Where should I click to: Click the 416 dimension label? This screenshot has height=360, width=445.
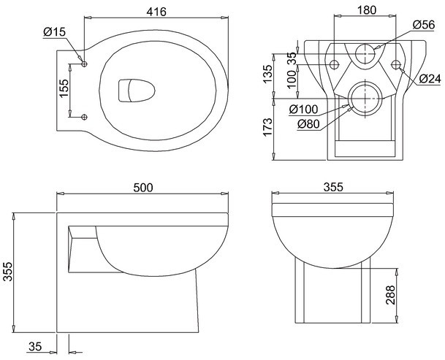156,12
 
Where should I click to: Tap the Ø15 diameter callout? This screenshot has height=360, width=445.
55,32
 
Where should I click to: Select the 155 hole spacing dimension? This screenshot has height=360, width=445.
64,88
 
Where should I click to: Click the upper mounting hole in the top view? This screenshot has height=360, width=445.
84,64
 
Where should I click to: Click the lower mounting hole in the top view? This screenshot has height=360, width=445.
84,117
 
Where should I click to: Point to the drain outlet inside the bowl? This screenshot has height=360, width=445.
137,91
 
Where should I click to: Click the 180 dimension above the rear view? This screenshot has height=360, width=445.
366,10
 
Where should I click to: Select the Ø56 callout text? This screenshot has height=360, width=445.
424,25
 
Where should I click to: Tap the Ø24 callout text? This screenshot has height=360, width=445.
430,79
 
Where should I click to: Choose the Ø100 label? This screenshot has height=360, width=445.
304,110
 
